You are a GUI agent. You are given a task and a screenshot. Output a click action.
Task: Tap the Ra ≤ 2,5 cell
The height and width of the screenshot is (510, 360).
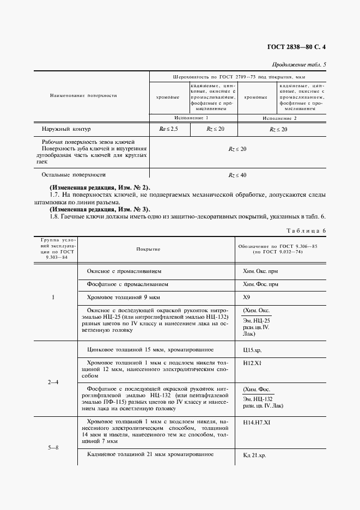(167, 129)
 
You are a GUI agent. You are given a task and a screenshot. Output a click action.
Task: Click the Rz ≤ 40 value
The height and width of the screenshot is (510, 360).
(237, 175)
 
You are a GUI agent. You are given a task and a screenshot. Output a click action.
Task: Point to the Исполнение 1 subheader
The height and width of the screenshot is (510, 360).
(192, 118)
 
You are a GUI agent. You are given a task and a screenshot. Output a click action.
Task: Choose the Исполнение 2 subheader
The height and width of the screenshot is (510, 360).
(280, 118)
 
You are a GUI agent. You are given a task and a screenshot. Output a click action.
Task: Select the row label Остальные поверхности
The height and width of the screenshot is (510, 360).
(73, 175)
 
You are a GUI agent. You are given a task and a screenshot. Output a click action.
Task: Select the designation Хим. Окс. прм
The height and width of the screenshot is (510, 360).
(260, 270)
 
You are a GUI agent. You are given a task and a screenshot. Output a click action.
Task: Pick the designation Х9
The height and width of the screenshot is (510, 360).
(246, 298)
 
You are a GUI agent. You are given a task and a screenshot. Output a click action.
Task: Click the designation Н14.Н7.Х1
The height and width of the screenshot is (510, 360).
(257, 422)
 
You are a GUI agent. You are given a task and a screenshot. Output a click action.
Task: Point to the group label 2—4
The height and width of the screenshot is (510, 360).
(53, 382)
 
